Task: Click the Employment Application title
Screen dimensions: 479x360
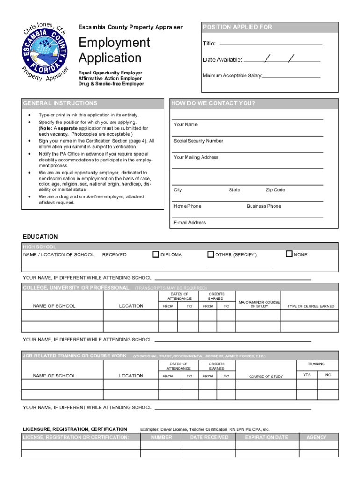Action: click(x=114, y=51)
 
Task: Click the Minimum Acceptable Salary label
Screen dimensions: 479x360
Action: click(x=232, y=76)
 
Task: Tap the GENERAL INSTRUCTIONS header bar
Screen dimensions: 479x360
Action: click(x=93, y=103)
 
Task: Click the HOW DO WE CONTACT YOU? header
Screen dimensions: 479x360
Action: click(x=253, y=103)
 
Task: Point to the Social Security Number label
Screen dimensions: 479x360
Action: click(x=198, y=141)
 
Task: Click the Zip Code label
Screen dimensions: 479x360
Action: click(x=275, y=190)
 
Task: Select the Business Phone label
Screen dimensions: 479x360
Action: click(x=264, y=206)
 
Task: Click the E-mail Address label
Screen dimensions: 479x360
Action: click(x=189, y=223)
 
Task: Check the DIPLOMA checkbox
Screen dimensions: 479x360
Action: click(x=156, y=254)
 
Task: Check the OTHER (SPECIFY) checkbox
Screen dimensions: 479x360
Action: click(x=210, y=254)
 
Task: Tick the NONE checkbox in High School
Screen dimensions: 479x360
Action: click(x=289, y=254)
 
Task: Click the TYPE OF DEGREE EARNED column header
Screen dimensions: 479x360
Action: click(x=310, y=306)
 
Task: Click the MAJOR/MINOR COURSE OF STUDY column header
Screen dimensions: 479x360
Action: click(x=259, y=304)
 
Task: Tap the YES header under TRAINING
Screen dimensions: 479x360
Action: click(x=307, y=375)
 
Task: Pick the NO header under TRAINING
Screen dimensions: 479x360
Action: click(x=328, y=375)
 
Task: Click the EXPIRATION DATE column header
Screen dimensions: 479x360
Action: click(x=266, y=438)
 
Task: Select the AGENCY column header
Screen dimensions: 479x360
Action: click(x=316, y=438)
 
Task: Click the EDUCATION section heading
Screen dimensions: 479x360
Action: click(x=40, y=237)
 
